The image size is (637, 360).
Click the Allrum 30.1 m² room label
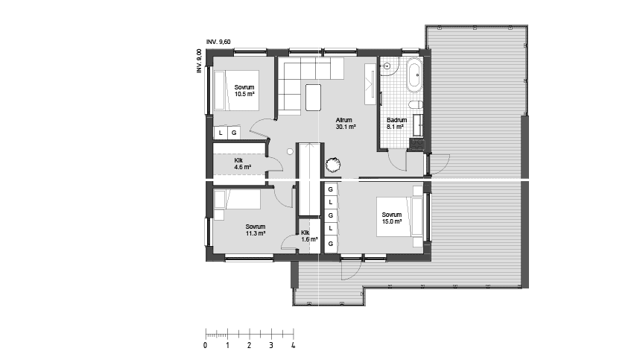point(346,124)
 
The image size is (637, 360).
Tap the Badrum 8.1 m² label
point(396,124)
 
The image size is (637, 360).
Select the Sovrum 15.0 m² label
point(392,218)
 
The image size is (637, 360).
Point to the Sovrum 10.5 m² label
point(244,91)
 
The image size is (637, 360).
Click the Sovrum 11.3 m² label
point(256,230)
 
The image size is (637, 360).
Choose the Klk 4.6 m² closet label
point(243,164)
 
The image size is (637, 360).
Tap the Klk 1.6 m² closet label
point(309,236)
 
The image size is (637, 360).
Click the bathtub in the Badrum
point(414,75)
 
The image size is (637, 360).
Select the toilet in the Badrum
point(415,105)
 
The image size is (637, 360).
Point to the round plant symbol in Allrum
point(333,165)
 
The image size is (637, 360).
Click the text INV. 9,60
point(218,42)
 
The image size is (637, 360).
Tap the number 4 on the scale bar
point(293,345)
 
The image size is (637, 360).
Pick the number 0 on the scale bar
point(205,345)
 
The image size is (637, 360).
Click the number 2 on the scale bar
point(249,345)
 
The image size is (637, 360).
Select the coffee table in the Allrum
point(313,97)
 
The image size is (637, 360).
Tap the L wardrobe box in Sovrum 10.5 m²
point(221,133)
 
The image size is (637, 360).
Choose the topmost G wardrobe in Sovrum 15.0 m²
point(331,189)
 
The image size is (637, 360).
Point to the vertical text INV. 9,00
point(199,61)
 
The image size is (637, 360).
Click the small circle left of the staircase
point(290,151)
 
